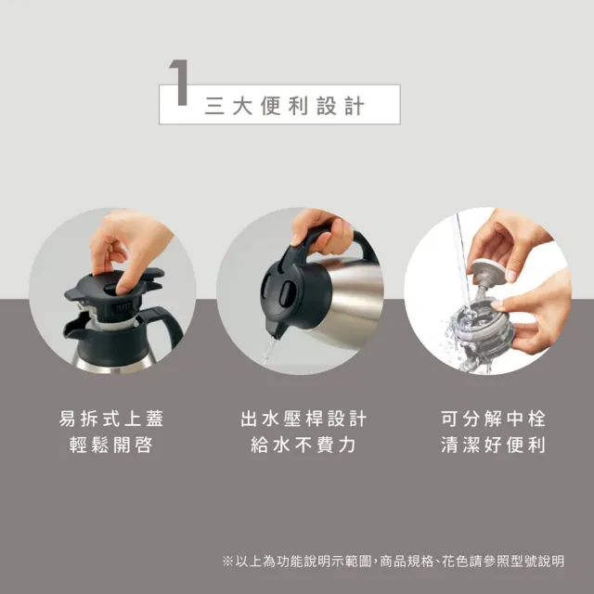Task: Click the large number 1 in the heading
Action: pyautogui.click(x=179, y=91)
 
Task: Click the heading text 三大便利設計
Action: pyautogui.click(x=284, y=105)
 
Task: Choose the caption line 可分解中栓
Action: pyautogui.click(x=493, y=418)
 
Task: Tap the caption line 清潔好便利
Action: pyautogui.click(x=493, y=445)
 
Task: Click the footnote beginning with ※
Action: pyautogui.click(x=394, y=562)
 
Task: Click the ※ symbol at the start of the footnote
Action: pyautogui.click(x=228, y=562)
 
